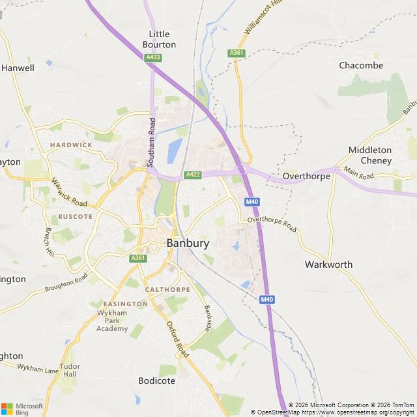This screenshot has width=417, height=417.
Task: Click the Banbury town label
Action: pyautogui.click(x=188, y=243)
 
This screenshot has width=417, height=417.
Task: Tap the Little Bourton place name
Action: pyautogui.click(x=159, y=39)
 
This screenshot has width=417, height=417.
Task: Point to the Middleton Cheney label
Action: pyautogui.click(x=369, y=155)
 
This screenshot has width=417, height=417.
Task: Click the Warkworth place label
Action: pyautogui.click(x=328, y=265)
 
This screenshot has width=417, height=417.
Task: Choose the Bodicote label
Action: pyautogui.click(x=156, y=381)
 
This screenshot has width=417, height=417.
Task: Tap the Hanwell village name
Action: pyautogui.click(x=18, y=67)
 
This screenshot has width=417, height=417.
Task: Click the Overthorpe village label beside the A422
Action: pyautogui.click(x=306, y=176)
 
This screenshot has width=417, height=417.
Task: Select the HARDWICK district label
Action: pyautogui.click(x=71, y=144)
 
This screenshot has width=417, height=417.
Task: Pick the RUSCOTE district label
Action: pyautogui.click(x=75, y=216)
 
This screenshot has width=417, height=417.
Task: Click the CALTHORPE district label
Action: pyautogui.click(x=167, y=289)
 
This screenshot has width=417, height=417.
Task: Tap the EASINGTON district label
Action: pyautogui.click(x=126, y=304)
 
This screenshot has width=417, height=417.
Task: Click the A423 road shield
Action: pyautogui.click(x=153, y=57)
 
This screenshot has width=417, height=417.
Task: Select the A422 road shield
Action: pyautogui.click(x=192, y=175)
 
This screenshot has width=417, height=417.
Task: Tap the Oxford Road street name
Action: pyautogui.click(x=177, y=339)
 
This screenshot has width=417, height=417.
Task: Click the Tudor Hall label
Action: pyautogui.click(x=70, y=370)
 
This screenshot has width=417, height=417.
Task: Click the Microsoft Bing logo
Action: pyautogui.click(x=23, y=408)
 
